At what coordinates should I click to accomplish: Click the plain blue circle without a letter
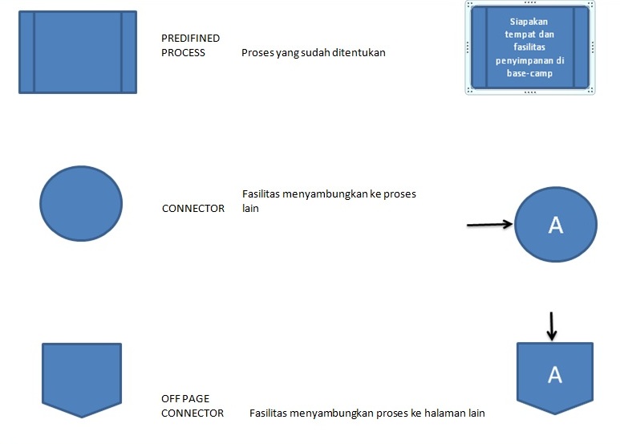click(x=81, y=204)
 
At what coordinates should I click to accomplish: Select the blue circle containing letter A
click(x=555, y=225)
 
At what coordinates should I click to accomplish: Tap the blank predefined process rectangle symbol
click(x=78, y=51)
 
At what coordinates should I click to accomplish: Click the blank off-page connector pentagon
click(x=81, y=377)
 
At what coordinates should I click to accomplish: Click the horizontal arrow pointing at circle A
click(x=489, y=225)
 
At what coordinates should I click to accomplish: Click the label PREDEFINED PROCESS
click(x=190, y=45)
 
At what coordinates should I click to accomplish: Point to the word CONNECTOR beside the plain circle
click(x=193, y=209)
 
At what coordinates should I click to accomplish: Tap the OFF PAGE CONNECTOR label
click(x=193, y=405)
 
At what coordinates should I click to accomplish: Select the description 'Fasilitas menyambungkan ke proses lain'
click(x=329, y=201)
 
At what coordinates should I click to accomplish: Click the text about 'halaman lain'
click(x=367, y=413)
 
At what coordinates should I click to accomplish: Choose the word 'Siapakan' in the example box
click(x=530, y=22)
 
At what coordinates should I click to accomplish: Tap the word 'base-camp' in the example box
click(x=530, y=73)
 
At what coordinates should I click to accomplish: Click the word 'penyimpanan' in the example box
click(x=530, y=60)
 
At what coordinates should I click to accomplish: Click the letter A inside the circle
click(x=555, y=226)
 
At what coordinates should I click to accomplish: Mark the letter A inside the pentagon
click(x=555, y=374)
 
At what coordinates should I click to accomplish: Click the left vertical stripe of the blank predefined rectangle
click(x=26, y=51)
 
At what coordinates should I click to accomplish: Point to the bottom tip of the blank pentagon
click(x=81, y=415)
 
